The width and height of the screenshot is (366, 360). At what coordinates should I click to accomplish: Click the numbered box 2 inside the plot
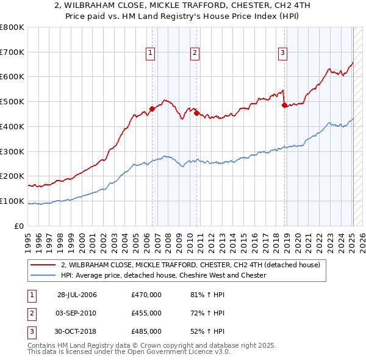point(195,53)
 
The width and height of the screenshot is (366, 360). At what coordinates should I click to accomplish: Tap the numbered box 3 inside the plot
point(283,53)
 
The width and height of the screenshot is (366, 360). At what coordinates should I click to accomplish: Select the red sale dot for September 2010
point(196,113)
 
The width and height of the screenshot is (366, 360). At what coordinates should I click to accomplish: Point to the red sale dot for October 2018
point(284,106)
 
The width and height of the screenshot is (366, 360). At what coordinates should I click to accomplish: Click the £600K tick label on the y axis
point(12,77)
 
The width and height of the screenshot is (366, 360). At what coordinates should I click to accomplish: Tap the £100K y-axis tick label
point(12,201)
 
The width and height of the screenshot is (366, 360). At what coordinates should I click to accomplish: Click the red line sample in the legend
point(43,265)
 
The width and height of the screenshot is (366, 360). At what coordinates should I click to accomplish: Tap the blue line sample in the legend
point(43,275)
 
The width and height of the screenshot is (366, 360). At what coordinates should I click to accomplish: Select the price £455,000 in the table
point(146,313)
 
